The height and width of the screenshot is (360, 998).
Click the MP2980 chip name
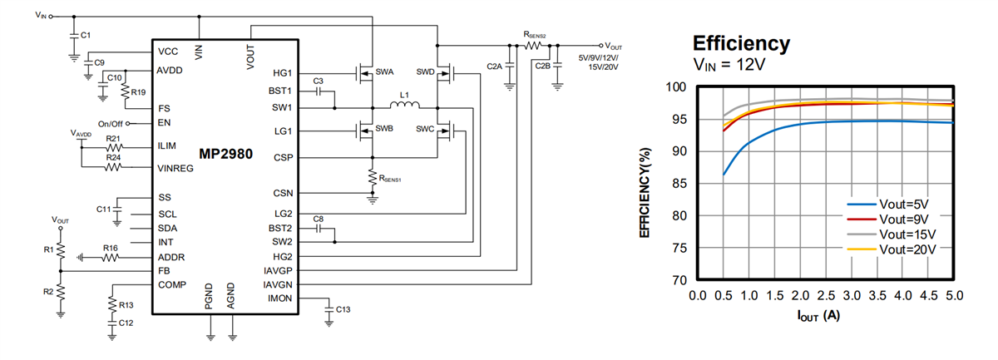point(225,155)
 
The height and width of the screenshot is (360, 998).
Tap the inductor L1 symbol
point(405,106)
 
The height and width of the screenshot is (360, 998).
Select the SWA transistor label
point(384,72)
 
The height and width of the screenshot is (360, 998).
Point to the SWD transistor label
point(425,72)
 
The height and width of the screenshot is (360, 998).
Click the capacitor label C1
point(86,35)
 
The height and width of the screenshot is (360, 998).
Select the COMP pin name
point(171,285)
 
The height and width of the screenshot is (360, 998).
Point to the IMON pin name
point(279,298)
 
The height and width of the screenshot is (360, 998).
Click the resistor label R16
point(110,248)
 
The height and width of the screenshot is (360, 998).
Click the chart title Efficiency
point(741,43)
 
